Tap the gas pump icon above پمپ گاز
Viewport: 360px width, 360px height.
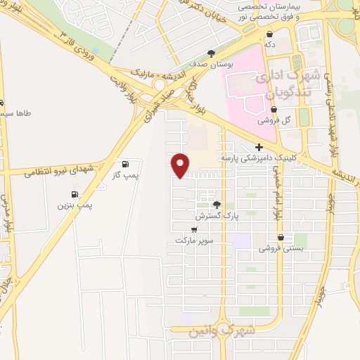(125, 164)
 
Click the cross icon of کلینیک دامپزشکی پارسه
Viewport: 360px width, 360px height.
(259, 148)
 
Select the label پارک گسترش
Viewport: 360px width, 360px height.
(217, 216)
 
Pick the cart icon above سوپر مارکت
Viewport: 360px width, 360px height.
(194, 229)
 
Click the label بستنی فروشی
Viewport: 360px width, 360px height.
(275, 248)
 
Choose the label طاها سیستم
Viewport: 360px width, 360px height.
(14, 112)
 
